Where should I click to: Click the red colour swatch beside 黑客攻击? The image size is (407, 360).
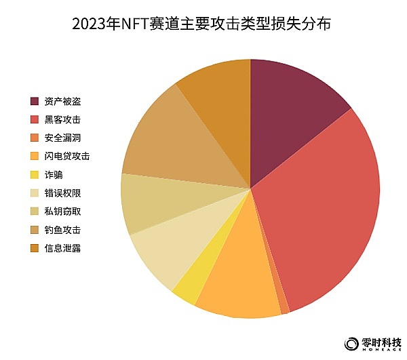35,120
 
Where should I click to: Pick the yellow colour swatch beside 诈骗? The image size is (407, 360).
35,175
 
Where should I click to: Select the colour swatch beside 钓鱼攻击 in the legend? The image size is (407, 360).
35,230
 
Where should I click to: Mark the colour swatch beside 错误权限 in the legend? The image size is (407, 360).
35,193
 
